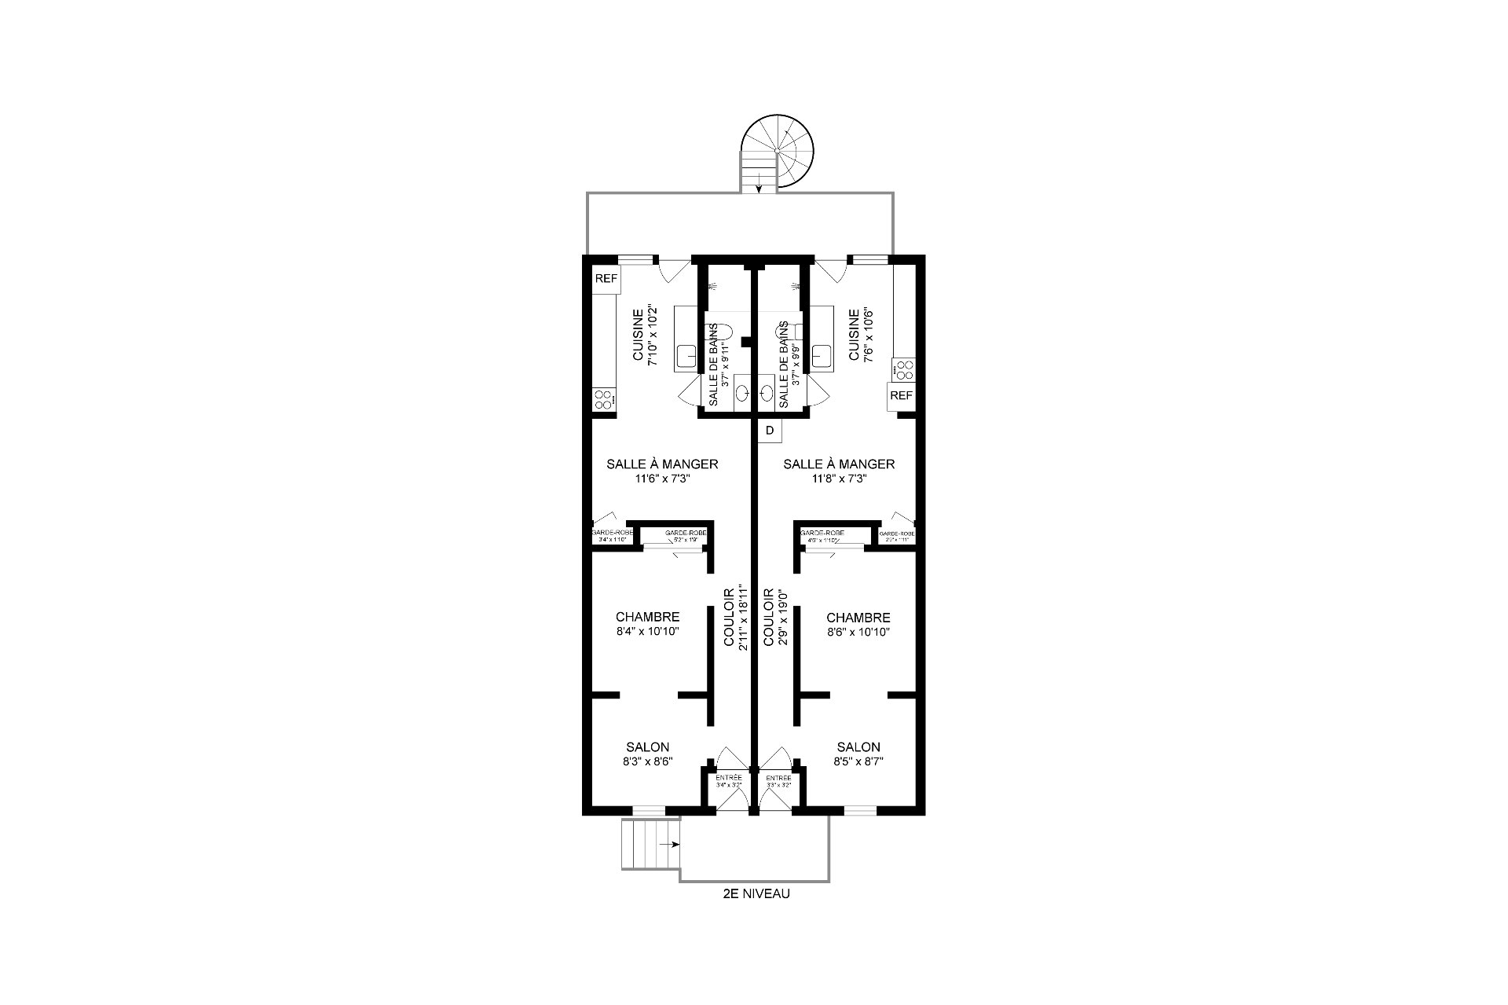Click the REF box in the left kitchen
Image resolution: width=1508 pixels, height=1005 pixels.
(x=606, y=278)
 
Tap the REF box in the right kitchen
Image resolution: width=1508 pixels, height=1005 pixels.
(x=901, y=395)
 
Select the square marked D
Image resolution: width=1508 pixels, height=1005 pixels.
(x=770, y=431)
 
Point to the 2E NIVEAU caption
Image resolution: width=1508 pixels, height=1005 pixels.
(x=756, y=893)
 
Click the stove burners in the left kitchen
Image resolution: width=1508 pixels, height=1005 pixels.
(x=603, y=399)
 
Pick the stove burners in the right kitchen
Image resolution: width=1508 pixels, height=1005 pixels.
(x=904, y=369)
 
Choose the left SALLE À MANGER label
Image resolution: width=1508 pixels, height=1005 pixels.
(x=662, y=464)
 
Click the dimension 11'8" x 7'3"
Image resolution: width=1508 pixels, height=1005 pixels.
(x=839, y=479)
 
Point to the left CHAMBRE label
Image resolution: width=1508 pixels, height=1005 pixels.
(x=647, y=618)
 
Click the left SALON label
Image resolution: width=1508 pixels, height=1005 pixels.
(x=647, y=747)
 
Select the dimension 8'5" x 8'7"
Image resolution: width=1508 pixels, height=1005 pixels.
(x=858, y=761)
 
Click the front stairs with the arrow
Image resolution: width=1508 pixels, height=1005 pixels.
(x=650, y=845)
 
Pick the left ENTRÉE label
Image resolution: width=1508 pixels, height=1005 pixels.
(x=729, y=778)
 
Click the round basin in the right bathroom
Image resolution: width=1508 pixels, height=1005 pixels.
(x=767, y=392)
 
